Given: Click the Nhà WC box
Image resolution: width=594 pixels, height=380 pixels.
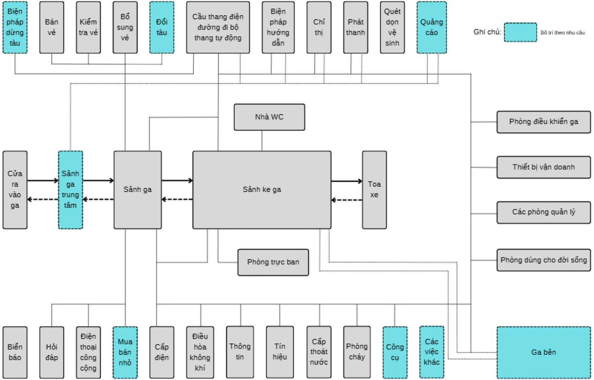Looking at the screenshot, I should (x=269, y=117).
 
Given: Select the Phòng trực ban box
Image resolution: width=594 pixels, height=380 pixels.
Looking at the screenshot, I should (x=273, y=262).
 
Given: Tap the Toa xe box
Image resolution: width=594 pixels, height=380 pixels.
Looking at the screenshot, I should (x=374, y=189).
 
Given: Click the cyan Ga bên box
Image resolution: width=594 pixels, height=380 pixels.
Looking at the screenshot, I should (x=544, y=352).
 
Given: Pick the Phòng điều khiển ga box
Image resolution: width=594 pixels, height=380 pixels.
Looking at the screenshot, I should (x=544, y=122).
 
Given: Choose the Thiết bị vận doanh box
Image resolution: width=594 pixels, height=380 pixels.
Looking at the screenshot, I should (x=544, y=167).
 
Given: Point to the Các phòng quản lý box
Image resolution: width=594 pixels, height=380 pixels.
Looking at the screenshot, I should (x=544, y=212).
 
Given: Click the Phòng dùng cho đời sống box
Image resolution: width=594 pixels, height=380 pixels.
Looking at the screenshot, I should (x=544, y=260).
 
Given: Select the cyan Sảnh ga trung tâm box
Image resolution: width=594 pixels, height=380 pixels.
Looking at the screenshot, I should (x=71, y=189).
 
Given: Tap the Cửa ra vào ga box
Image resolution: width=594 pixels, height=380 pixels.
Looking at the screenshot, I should (x=15, y=189).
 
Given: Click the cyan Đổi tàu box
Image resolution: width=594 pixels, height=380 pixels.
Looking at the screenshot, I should (x=161, y=27).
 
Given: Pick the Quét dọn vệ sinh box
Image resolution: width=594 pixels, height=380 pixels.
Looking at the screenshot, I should (x=392, y=27).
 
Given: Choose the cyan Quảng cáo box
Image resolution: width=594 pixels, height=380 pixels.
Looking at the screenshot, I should (x=431, y=27).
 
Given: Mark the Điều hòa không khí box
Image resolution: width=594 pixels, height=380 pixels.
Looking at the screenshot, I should (x=200, y=352).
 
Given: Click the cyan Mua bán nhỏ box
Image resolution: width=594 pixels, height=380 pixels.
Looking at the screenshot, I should (x=125, y=352).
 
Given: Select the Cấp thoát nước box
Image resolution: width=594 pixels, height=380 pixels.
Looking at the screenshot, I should (x=319, y=352).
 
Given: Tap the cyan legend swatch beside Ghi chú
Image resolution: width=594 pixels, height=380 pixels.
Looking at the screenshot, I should (x=520, y=32).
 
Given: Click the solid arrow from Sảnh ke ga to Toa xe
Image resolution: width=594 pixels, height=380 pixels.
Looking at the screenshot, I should (x=346, y=181).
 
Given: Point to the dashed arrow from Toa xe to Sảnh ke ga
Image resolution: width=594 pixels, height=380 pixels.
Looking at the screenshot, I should (x=346, y=200).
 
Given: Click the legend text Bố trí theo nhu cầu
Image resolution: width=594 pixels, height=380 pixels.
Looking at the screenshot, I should (x=562, y=33).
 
